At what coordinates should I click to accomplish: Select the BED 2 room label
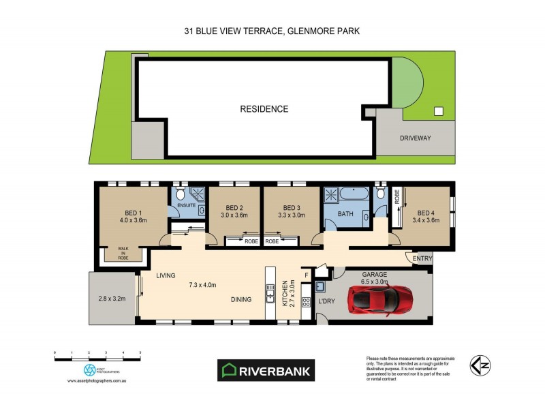pyautogui.click(x=234, y=208)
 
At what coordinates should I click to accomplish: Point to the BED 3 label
pyautogui.click(x=292, y=208)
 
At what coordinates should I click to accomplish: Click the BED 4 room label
pyautogui.click(x=426, y=211)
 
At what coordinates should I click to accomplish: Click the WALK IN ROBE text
pyautogui.click(x=123, y=253)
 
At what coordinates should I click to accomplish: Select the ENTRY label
pyautogui.click(x=422, y=259)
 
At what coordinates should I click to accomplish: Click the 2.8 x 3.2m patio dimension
pyautogui.click(x=113, y=299)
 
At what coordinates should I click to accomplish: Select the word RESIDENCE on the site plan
pyautogui.click(x=264, y=109)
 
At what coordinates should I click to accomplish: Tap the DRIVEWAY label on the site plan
pyautogui.click(x=416, y=138)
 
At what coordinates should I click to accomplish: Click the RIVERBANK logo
pyautogui.click(x=266, y=370)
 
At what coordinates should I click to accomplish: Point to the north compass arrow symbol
pyautogui.click(x=480, y=366)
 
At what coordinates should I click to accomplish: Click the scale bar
pyautogui.click(x=97, y=356)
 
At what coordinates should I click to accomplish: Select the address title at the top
pyautogui.click(x=272, y=31)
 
